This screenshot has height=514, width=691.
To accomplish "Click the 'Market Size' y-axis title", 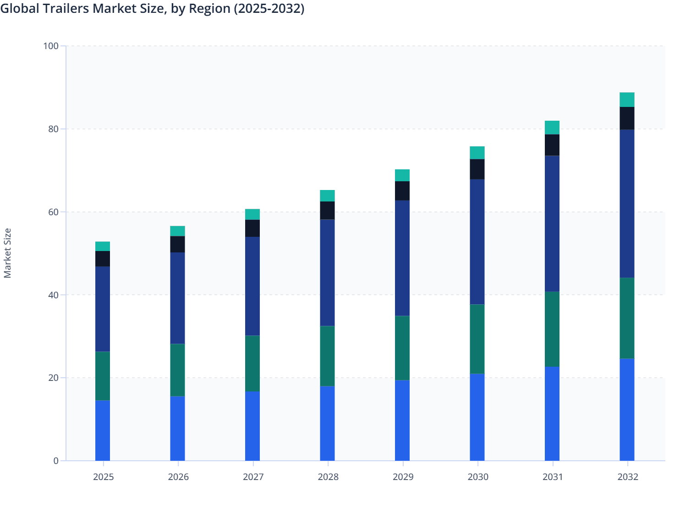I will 8,253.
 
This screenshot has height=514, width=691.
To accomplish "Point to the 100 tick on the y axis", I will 51,46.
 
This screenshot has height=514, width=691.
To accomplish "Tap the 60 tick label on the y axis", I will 53,212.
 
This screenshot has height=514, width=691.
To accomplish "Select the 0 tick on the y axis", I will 56,461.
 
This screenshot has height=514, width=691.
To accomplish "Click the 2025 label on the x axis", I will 103,477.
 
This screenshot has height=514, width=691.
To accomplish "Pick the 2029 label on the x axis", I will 403,477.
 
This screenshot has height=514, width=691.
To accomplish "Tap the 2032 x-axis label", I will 627,477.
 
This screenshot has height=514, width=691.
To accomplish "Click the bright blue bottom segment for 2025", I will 103,430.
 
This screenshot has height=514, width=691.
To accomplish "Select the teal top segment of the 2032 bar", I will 627,100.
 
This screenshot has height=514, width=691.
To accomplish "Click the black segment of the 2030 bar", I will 477,169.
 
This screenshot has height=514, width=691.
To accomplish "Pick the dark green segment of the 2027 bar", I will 252,363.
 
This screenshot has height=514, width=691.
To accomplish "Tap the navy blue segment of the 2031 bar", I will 552,223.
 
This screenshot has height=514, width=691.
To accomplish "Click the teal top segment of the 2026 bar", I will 178,231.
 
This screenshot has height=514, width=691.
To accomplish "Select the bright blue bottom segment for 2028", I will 327,423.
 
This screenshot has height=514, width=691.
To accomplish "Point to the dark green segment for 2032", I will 627,318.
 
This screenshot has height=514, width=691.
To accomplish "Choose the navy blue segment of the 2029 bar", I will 402,258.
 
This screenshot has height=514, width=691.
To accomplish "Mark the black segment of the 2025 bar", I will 103,259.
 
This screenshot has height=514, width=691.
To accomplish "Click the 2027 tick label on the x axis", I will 253,477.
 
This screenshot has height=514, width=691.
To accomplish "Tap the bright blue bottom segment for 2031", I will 552,413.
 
